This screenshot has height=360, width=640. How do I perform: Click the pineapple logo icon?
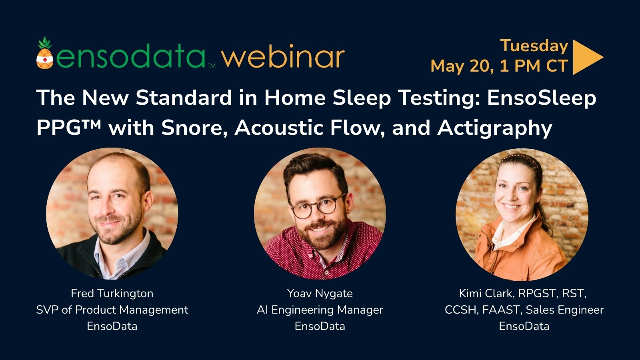(x=45, y=53)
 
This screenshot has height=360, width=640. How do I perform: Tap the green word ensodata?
(x=131, y=56)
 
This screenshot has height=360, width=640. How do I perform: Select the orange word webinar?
(x=283, y=56)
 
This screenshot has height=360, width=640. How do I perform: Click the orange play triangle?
(x=588, y=57)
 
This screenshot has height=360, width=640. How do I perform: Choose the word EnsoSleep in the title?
(x=542, y=98)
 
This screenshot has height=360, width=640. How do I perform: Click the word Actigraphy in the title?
(x=494, y=128)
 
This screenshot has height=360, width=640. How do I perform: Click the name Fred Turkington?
(x=112, y=294)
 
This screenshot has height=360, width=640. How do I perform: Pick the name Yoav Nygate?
(x=320, y=294)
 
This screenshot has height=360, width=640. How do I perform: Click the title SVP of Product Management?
(x=112, y=310)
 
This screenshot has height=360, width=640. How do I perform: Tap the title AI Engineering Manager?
(x=320, y=310)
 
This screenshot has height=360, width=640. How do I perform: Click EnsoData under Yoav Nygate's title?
(x=320, y=326)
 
